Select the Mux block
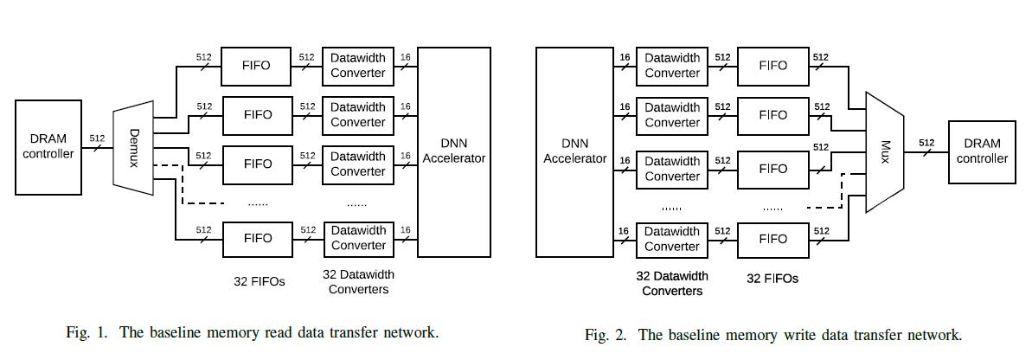[x=884, y=151]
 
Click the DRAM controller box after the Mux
[x=982, y=151]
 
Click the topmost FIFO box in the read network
[x=257, y=65]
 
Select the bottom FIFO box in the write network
[x=772, y=239]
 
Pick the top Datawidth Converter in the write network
[x=672, y=66]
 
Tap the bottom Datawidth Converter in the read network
[x=358, y=238]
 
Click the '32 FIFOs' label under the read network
[x=259, y=281]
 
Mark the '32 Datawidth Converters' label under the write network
[x=672, y=284]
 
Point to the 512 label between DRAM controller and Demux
[x=98, y=138]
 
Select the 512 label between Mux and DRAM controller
[x=926, y=143]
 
